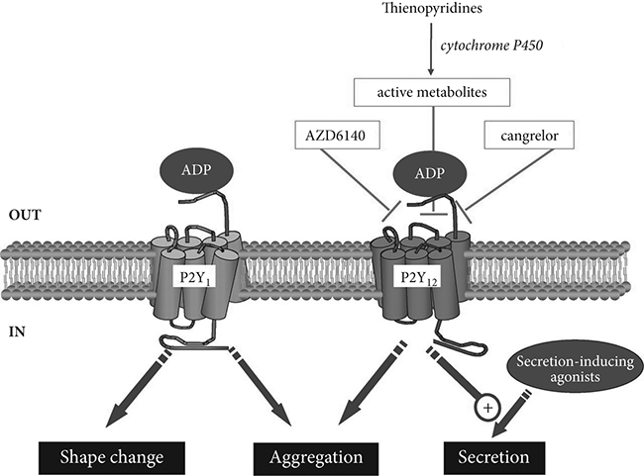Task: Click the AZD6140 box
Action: pyautogui.click(x=328, y=138)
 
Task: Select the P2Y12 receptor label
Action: pyautogui.click(x=417, y=279)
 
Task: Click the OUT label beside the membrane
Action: pyautogui.click(x=25, y=212)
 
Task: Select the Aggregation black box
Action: pyautogui.click(x=315, y=457)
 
